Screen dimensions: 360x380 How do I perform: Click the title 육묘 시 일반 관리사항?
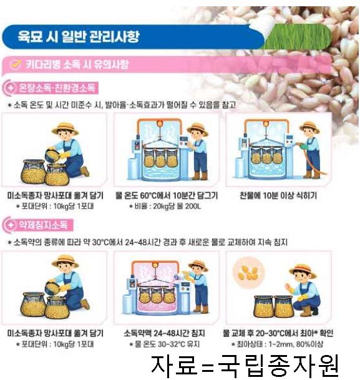pyautogui.click(x=79, y=37)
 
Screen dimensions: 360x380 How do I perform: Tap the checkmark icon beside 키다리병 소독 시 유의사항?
pyautogui.click(x=16, y=64)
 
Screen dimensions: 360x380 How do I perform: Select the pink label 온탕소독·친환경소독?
pyautogui.click(x=57, y=88)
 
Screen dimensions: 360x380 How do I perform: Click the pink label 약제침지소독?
pyautogui.click(x=43, y=225)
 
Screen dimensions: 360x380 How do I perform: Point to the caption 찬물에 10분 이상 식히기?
pyautogui.click(x=278, y=195)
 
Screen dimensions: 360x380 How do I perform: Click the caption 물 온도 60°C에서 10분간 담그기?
pyautogui.click(x=167, y=195)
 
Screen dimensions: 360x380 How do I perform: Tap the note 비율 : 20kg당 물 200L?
pyautogui.click(x=165, y=207)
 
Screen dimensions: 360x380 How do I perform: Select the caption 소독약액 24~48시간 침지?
pyautogui.click(x=165, y=333)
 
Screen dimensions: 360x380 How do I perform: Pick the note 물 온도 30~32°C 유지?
pyautogui.click(x=165, y=344)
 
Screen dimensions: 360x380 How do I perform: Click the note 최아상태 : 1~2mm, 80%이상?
pyautogui.click(x=277, y=344)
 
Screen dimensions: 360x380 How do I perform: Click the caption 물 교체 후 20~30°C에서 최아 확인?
pyautogui.click(x=278, y=333)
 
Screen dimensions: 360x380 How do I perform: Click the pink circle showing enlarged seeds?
pyautogui.click(x=248, y=272)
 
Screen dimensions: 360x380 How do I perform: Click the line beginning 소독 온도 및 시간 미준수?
pyautogui.click(x=122, y=105)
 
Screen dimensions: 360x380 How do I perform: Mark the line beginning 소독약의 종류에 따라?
pyautogui.click(x=147, y=242)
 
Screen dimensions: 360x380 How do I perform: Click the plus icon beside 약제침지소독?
pyautogui.click(x=11, y=225)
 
